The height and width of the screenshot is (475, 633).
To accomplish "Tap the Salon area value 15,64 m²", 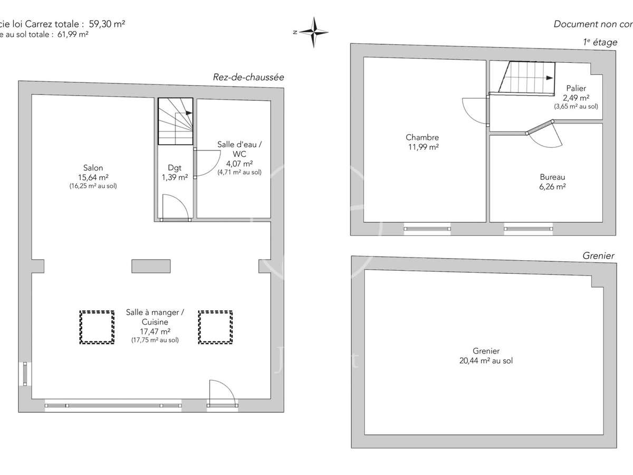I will tap(93, 177).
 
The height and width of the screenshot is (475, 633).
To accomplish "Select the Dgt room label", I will tap(175, 168).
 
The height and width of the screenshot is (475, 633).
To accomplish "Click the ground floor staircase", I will tap(176, 121).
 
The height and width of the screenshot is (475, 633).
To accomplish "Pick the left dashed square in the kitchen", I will tap(97, 327).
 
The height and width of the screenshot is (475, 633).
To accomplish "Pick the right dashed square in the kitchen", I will tap(215, 327).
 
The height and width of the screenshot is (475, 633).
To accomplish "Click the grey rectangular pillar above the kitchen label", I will tap(151, 267).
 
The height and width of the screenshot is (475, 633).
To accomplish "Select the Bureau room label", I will tap(552, 177).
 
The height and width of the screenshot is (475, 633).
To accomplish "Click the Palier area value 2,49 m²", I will tap(576, 98).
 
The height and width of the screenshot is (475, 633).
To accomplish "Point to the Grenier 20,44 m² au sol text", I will tap(486, 360).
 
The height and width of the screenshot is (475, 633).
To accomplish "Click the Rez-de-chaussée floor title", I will tap(248, 77).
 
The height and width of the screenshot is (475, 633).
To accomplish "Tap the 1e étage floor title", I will tap(600, 43).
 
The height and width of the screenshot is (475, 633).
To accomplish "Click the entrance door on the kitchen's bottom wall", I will tap(222, 393).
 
